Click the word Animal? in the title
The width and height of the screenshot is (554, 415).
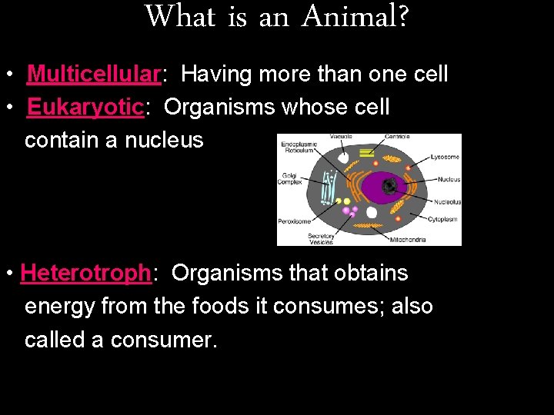point(355,16)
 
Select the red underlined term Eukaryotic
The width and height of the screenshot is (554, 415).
point(85,108)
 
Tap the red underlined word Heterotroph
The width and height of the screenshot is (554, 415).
point(85,273)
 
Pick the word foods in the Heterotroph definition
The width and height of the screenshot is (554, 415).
point(219,307)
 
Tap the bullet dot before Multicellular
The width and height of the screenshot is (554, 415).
point(8,75)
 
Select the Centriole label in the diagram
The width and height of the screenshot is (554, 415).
point(397,137)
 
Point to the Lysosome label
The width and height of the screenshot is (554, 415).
point(446,157)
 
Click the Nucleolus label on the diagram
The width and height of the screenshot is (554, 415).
point(446,202)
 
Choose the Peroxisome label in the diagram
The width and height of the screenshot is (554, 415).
point(293,221)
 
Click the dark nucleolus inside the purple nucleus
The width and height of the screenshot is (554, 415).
point(391,185)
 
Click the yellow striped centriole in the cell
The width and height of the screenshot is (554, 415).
point(367,153)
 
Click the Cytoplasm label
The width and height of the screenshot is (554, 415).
point(444,219)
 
